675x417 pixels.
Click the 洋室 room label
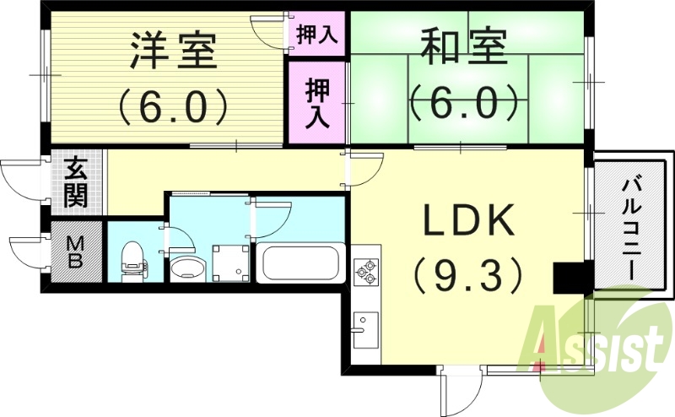coord(173,53)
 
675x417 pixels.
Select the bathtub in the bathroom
coord(300,263)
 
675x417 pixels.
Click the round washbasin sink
coord(186,269)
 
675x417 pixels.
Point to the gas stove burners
coord(368,271)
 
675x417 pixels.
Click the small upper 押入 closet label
coord(316,35)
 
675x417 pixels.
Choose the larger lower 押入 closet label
coord(316,101)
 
